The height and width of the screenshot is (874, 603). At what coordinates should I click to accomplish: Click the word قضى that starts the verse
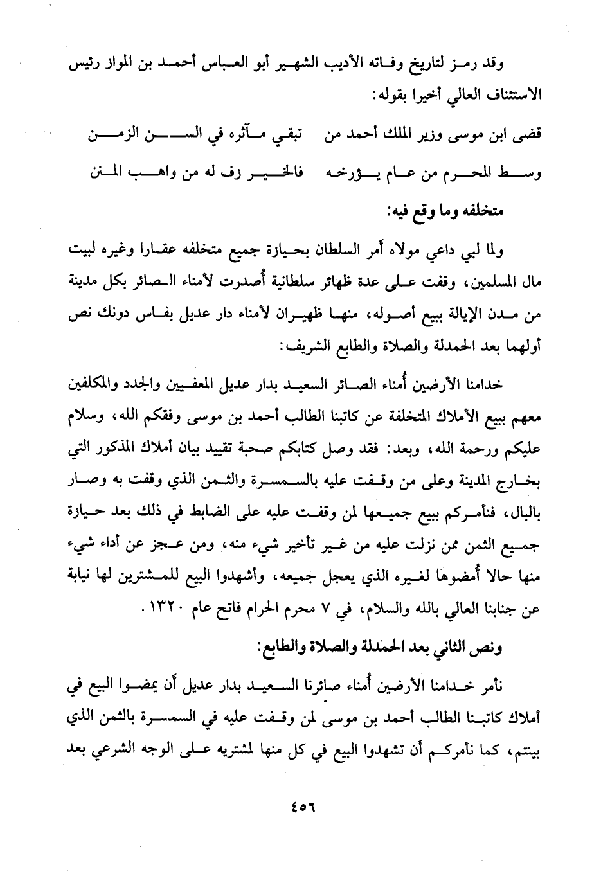[x=529, y=137]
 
